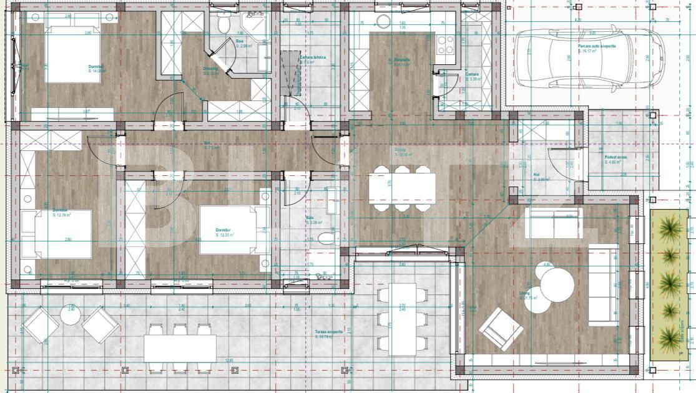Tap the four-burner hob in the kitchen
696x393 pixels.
click(x=446, y=44)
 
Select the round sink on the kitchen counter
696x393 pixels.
click(x=383, y=21)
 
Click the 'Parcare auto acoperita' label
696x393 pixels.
click(x=597, y=47)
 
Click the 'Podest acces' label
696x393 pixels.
click(x=615, y=158)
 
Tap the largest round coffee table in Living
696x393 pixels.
click(x=557, y=286)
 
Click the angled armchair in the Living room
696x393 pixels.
click(x=501, y=329)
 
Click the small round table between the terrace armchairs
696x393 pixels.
click(x=71, y=316)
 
